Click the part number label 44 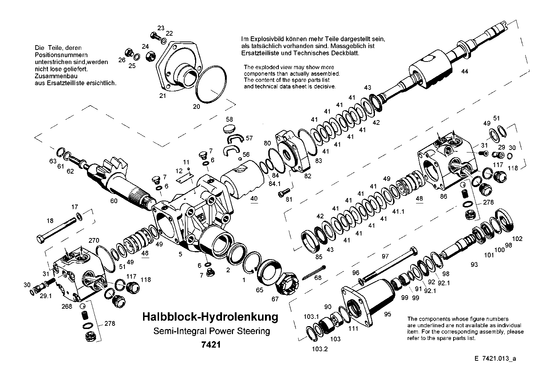(464, 71)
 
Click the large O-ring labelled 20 (211, 84)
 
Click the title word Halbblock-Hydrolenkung (210, 317)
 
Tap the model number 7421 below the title (211, 345)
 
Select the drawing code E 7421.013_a (495, 359)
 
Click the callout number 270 (94, 241)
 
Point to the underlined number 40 (254, 198)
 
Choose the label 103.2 (320, 349)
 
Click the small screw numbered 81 (284, 192)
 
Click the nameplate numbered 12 (185, 177)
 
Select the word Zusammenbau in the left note (56, 76)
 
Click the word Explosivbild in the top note (265, 39)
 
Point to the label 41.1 (398, 211)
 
